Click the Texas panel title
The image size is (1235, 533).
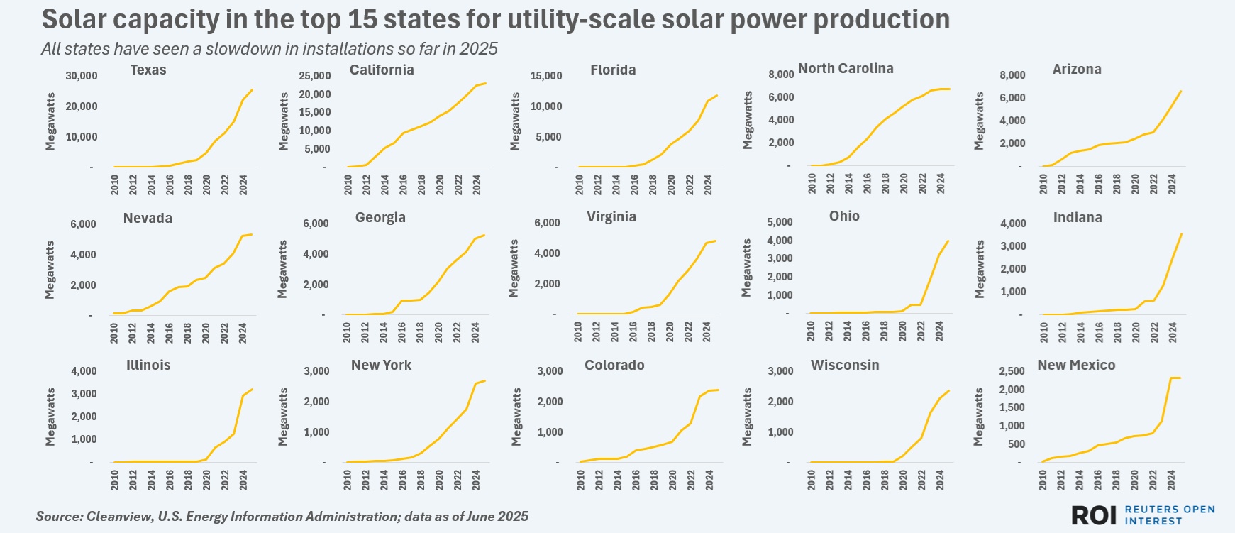[x=148, y=70]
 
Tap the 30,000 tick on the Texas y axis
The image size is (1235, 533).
[x=82, y=76]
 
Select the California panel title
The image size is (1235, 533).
[x=382, y=70]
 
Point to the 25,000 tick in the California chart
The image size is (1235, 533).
[x=315, y=76]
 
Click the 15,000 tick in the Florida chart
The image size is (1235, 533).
[x=546, y=76]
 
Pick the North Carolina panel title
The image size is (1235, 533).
[x=846, y=68]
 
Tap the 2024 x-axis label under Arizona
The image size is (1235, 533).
[x=1173, y=185]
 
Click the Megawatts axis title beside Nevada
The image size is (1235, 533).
[x=50, y=270]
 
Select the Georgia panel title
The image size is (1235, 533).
[x=380, y=217]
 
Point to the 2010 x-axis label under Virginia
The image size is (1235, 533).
[x=578, y=332]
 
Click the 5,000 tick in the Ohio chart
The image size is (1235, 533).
[x=780, y=222]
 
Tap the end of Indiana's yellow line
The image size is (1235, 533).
[x=1181, y=234]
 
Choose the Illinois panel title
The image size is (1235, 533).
[x=148, y=365]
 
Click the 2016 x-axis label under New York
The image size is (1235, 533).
[x=402, y=480]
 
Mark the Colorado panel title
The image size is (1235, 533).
[x=614, y=365]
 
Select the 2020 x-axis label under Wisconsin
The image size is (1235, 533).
[x=904, y=480]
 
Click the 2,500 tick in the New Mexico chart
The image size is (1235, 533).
[x=1012, y=371]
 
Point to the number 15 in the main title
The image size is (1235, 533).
[x=362, y=19]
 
